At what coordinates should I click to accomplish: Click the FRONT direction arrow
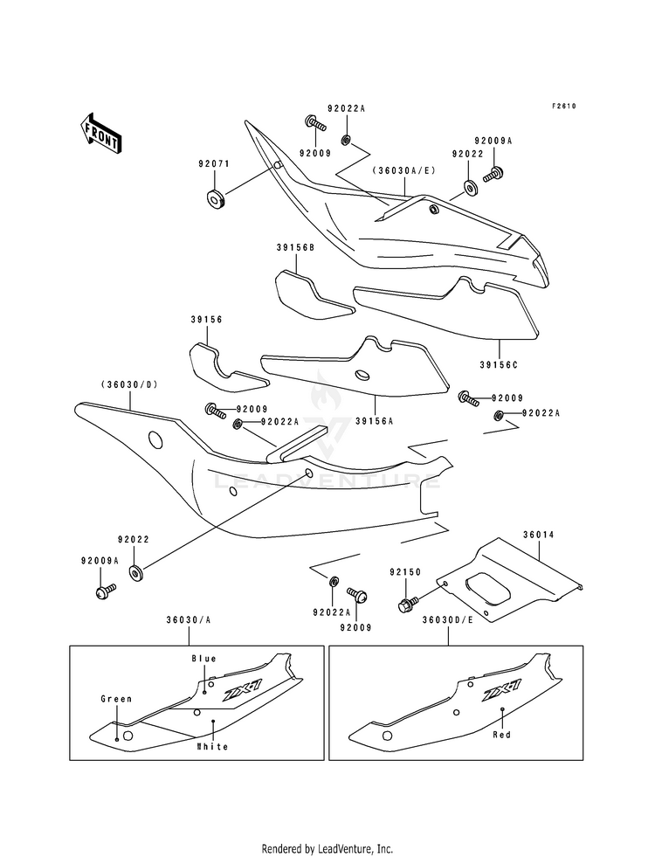(x=100, y=133)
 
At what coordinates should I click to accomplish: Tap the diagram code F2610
(x=563, y=106)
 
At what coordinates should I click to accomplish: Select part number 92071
(x=214, y=163)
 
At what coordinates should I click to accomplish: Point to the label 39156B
(x=295, y=247)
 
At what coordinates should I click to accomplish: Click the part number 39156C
(x=498, y=364)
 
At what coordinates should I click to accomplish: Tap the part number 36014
(x=538, y=535)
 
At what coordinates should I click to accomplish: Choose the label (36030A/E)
(x=404, y=170)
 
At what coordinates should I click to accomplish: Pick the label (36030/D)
(x=129, y=384)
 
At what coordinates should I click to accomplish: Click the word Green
(x=116, y=699)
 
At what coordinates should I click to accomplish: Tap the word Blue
(x=203, y=659)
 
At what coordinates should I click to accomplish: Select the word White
(x=212, y=746)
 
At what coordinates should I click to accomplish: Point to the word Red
(x=502, y=734)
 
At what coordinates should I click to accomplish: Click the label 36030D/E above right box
(x=447, y=619)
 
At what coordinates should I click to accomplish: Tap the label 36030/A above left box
(x=189, y=619)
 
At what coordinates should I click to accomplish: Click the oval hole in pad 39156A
(x=362, y=375)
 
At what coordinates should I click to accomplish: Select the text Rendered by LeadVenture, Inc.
(x=327, y=848)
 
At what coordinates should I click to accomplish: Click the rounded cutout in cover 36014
(x=488, y=588)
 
